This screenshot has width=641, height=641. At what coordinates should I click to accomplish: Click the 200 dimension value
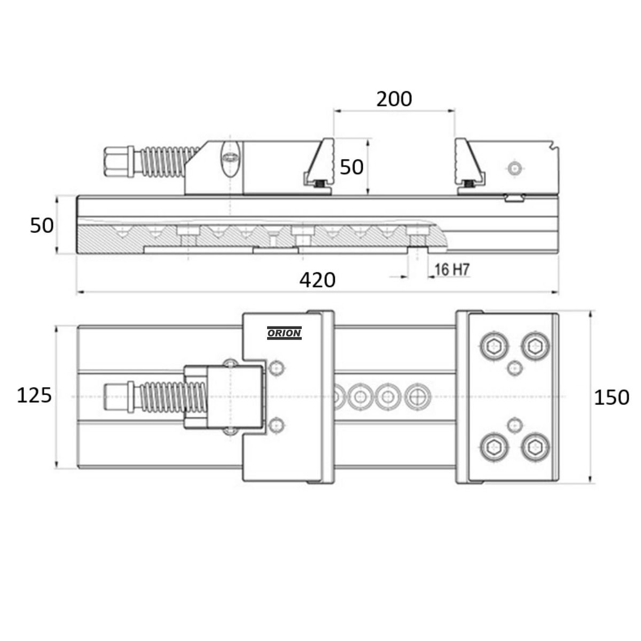[394, 99]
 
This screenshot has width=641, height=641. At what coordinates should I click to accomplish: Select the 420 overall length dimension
[317, 280]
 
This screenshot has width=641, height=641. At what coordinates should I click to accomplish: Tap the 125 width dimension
[34, 395]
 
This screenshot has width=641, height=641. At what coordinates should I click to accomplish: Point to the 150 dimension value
[612, 397]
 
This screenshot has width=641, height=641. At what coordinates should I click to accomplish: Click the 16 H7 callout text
[452, 269]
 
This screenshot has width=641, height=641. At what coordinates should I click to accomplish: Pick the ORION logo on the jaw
[284, 333]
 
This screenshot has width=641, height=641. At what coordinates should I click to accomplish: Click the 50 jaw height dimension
[351, 167]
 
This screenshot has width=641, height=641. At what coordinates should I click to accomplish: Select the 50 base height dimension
[42, 225]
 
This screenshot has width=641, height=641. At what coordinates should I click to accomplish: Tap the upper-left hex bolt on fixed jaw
[494, 347]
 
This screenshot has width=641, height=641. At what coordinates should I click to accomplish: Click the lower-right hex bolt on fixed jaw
[535, 448]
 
